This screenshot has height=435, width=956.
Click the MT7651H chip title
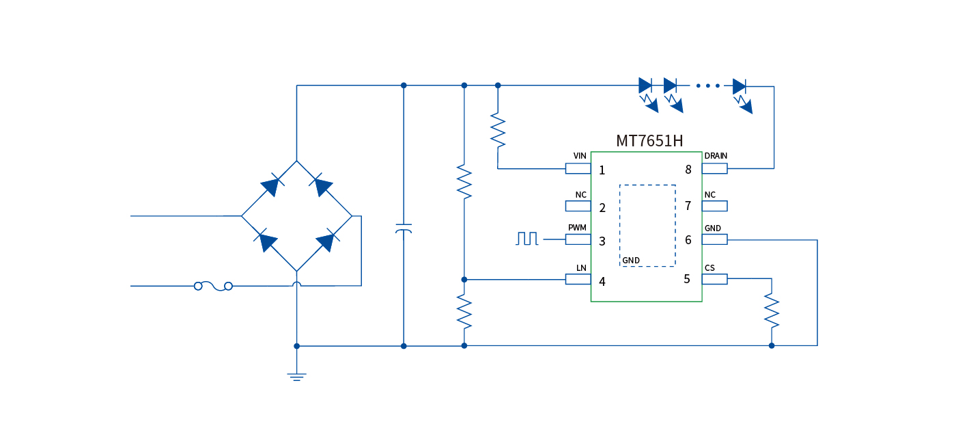click(x=649, y=141)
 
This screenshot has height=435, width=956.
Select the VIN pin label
click(x=580, y=156)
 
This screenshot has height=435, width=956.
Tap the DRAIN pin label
click(x=716, y=156)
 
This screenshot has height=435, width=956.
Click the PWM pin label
click(x=577, y=227)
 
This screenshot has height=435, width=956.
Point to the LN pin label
click(x=581, y=267)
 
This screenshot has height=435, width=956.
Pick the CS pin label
click(x=709, y=267)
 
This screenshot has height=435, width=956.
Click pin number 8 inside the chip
click(x=688, y=170)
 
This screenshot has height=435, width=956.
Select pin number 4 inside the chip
click(x=602, y=281)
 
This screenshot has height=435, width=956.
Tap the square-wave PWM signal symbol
click(x=527, y=239)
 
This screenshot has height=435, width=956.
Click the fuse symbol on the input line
click(x=213, y=286)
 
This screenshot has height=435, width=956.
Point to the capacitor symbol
click(x=404, y=228)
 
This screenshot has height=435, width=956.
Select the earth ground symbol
click(x=296, y=375)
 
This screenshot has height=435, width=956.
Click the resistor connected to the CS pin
click(x=772, y=311)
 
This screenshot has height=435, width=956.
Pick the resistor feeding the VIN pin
click(x=498, y=130)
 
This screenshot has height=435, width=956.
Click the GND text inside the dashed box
click(x=631, y=261)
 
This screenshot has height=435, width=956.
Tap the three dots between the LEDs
click(x=708, y=86)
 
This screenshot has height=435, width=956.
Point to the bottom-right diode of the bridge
click(x=326, y=241)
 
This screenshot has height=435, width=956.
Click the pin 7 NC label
click(x=709, y=195)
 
